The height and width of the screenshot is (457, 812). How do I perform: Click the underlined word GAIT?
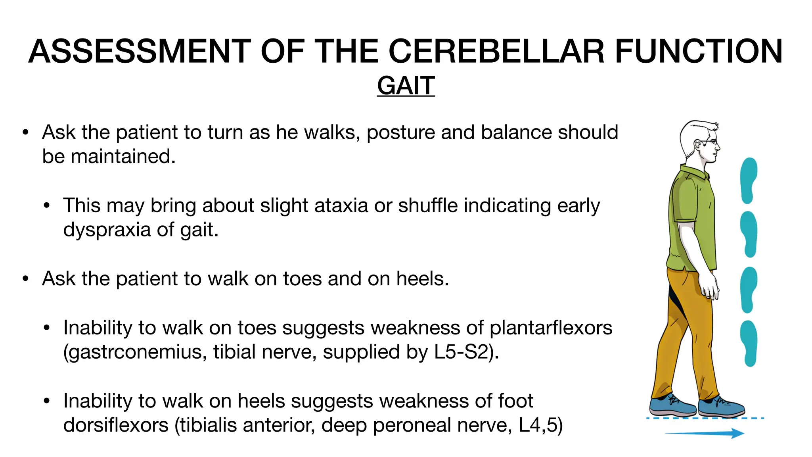(406, 86)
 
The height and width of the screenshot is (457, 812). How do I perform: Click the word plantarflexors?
(551, 328)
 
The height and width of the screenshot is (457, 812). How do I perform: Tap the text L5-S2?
(461, 352)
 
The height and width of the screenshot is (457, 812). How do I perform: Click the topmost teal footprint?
(749, 180)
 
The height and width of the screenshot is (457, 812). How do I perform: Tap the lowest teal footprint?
(749, 344)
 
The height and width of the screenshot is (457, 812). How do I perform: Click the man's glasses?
(710, 142)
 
